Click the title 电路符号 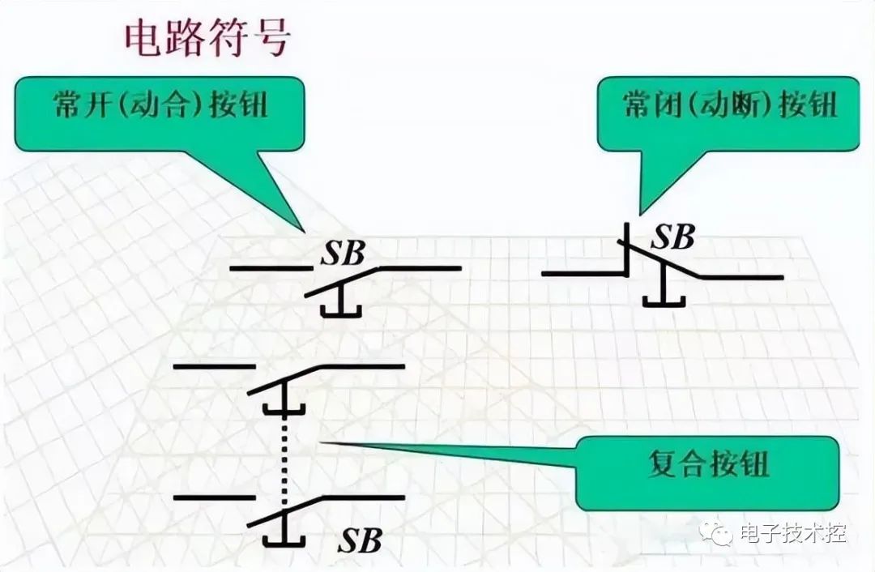[x=206, y=38]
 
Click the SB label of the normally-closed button [x=674, y=237]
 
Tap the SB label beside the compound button [x=360, y=539]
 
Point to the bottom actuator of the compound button [x=284, y=535]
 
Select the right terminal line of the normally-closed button [x=742, y=277]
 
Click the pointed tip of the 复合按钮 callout [x=324, y=442]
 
